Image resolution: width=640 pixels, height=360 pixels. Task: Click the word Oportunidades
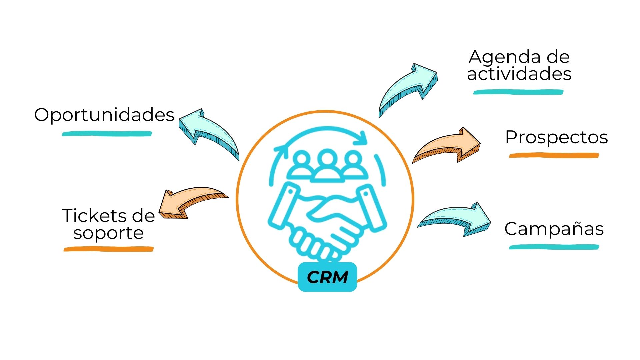tap(104, 115)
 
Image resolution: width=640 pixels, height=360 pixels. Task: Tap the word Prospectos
tap(556, 137)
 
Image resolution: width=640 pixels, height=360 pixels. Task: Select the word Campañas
tap(554, 229)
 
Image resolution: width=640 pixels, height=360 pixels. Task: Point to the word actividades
tap(519, 74)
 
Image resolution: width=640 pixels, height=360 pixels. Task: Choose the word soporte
tap(108, 233)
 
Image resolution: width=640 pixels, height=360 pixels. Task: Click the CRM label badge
tap(327, 277)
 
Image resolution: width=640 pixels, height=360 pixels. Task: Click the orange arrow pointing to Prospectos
tap(447, 145)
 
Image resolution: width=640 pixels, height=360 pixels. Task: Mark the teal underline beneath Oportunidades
tap(107, 134)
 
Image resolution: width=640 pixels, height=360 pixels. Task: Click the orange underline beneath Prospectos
tap(554, 155)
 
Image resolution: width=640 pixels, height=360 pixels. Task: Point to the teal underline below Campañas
tap(554, 247)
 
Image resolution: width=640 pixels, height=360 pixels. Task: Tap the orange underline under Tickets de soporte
tap(109, 249)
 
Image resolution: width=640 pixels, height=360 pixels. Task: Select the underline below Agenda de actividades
tap(518, 92)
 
